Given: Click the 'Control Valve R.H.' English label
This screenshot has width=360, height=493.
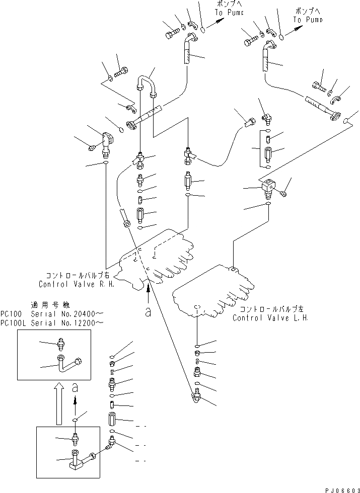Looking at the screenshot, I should (x=77, y=284).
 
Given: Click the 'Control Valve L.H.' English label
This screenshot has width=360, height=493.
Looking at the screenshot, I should (x=270, y=318).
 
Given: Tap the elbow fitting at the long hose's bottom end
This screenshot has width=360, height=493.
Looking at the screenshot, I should (x=195, y=398).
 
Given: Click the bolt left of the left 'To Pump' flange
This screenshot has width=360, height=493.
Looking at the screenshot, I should (x=172, y=34).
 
